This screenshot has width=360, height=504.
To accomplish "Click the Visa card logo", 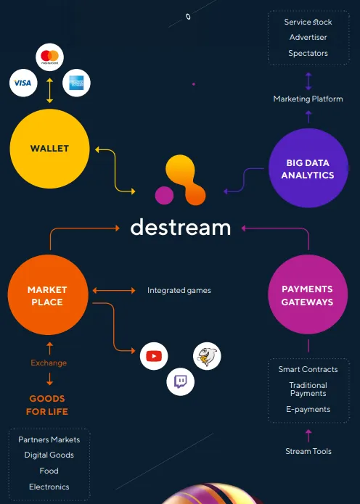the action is click(x=23, y=83).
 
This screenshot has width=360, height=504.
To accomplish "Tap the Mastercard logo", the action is click(x=49, y=57).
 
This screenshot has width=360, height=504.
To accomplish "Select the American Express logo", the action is click(x=76, y=83).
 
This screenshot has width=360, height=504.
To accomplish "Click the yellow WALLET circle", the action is click(x=49, y=149).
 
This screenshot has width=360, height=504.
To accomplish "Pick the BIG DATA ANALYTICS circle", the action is click(x=308, y=168).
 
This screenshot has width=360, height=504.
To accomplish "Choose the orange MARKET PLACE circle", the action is click(x=48, y=294).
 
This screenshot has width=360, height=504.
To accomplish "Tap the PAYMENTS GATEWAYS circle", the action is click(x=308, y=294).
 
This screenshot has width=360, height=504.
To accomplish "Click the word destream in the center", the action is click(x=181, y=227).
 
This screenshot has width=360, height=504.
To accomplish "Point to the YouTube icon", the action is click(x=154, y=356).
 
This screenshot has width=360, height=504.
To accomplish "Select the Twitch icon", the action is click(x=181, y=382).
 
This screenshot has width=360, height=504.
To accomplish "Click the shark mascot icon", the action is click(x=207, y=356).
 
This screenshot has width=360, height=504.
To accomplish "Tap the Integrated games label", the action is click(x=179, y=290).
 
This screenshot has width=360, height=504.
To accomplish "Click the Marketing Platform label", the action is click(x=308, y=99).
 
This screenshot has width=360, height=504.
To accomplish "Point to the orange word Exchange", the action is click(x=49, y=363).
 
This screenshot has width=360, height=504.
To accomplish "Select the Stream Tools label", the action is click(x=308, y=451).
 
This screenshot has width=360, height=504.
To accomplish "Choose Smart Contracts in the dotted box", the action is click(x=308, y=369).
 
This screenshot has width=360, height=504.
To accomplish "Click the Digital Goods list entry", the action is click(x=49, y=455).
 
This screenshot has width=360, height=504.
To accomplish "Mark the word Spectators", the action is click(x=308, y=53).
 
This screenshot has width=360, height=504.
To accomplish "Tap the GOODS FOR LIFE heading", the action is click(x=47, y=405).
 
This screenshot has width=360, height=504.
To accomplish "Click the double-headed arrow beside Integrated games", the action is click(x=114, y=291).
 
